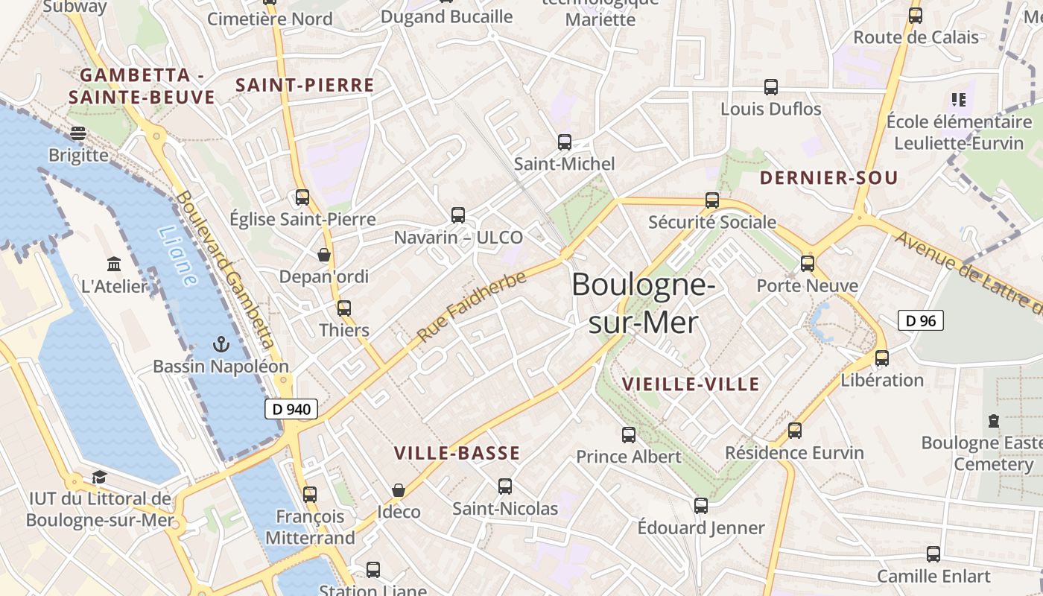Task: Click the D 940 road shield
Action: pyautogui.click(x=291, y=409)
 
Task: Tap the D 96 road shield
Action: pyautogui.click(x=921, y=320)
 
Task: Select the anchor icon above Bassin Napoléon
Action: pyautogui.click(x=221, y=343)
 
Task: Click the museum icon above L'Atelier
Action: pyautogui.click(x=114, y=264)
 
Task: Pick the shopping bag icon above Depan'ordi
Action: pyautogui.click(x=324, y=255)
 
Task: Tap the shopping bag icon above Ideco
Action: pyautogui.click(x=399, y=490)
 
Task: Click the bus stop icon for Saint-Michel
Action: pyautogui.click(x=565, y=142)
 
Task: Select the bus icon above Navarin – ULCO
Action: pyautogui.click(x=458, y=215)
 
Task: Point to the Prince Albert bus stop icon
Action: pyautogui.click(x=629, y=434)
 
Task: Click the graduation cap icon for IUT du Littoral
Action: pyautogui.click(x=99, y=477)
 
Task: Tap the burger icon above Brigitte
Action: pyautogui.click(x=78, y=133)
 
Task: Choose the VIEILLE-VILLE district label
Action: pyautogui.click(x=690, y=384)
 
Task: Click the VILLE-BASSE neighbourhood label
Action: pyautogui.click(x=457, y=453)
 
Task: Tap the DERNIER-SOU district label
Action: pyautogui.click(x=828, y=178)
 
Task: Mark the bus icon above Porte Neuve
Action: pyautogui.click(x=808, y=263)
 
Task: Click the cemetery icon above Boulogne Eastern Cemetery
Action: pyautogui.click(x=993, y=421)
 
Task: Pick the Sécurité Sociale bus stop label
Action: pyautogui.click(x=712, y=222)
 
